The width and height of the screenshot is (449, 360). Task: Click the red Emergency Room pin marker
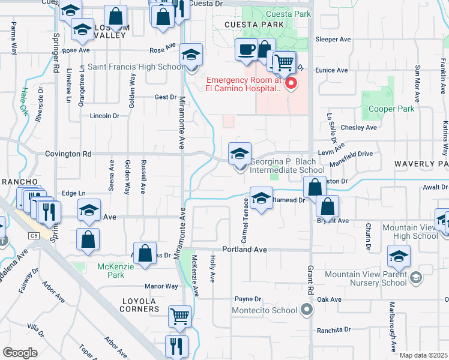click(291, 83)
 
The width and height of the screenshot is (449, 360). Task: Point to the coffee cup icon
click(245, 50)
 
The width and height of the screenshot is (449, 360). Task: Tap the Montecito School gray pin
click(307, 310)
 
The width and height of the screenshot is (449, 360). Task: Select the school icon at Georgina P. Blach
click(239, 153)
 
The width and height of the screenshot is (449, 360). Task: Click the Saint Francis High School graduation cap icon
click(191, 56)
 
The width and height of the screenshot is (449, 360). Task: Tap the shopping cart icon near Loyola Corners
click(180, 316)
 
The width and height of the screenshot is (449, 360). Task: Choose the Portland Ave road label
click(244, 249)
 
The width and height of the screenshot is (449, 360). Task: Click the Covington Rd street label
click(68, 154)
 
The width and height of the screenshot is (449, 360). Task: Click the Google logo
click(20, 352)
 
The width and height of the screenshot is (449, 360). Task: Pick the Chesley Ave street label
click(358, 128)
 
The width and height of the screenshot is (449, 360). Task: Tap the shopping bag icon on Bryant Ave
click(327, 207)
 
